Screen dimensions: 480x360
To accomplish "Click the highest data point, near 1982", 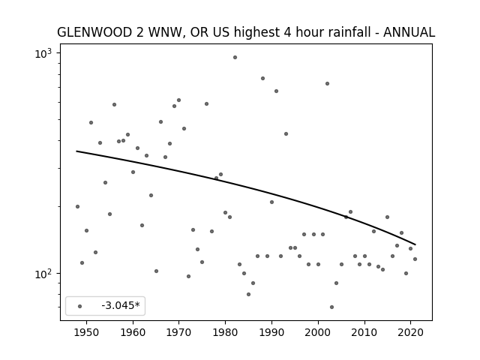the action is (235, 57).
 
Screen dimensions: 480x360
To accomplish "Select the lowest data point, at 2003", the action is (331, 307).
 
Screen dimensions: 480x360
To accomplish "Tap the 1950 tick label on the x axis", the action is (87, 332).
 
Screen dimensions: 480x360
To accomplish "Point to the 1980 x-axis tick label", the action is (225, 332).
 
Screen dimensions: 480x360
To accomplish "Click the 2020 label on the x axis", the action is (410, 332).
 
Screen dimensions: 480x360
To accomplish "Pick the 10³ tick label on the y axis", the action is (43, 53).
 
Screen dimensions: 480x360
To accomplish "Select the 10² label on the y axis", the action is (43, 274).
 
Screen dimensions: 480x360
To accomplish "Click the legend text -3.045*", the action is (121, 305).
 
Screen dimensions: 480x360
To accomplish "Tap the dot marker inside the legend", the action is (80, 306).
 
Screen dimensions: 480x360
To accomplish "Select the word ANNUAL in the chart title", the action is (409, 32).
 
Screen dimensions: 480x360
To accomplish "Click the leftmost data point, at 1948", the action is (77, 207).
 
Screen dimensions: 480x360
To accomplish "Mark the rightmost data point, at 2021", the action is (415, 259).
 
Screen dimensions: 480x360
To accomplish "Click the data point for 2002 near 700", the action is (327, 83).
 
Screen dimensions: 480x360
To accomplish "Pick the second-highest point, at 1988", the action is (262, 78).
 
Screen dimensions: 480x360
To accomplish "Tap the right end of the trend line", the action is (415, 244).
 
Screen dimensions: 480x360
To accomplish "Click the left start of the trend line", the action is (76, 151).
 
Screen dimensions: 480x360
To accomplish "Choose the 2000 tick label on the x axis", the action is (318, 332).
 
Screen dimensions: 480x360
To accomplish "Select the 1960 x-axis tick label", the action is (133, 332).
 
